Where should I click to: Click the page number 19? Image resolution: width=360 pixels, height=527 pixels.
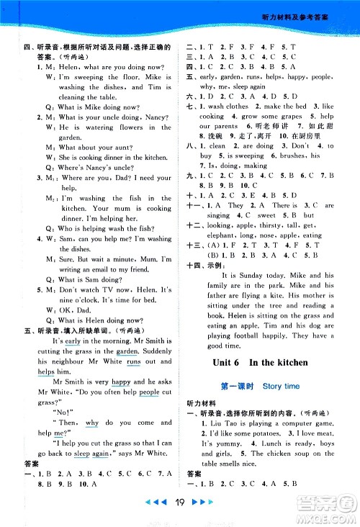point(180,507)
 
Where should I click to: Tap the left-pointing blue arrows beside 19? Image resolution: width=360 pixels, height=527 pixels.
point(154,507)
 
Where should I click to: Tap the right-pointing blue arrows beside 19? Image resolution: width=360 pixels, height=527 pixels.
point(206,507)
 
